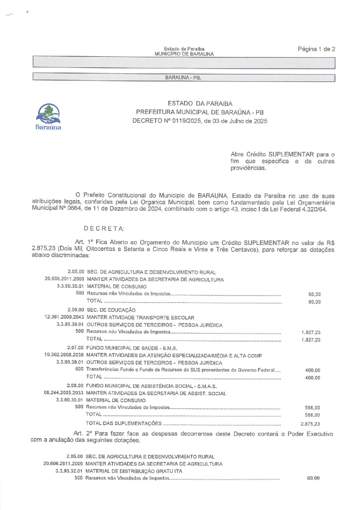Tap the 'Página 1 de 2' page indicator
click(x=316, y=49)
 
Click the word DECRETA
click(x=104, y=228)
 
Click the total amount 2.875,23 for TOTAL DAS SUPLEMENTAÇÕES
click(x=310, y=424)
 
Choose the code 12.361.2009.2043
click(x=64, y=317)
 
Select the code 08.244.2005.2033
click(x=63, y=393)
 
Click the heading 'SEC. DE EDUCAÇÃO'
click(x=111, y=310)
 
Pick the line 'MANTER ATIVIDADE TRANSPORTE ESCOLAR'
click(x=140, y=318)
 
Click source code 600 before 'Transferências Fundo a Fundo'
click(x=79, y=369)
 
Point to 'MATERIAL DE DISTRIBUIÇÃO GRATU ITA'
click(x=134, y=471)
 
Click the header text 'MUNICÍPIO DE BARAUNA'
click(x=184, y=54)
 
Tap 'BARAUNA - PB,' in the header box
click(x=183, y=78)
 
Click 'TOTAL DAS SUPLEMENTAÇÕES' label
click(x=123, y=423)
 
